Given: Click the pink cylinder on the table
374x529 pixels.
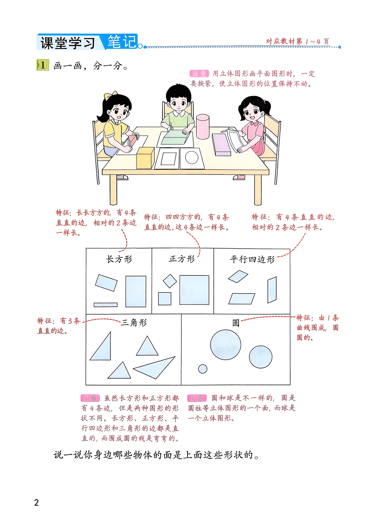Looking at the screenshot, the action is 203,127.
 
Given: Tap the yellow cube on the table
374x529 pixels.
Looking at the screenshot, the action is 145,158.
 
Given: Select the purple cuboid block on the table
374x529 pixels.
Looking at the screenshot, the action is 221,144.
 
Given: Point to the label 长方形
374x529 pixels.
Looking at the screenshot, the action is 119,259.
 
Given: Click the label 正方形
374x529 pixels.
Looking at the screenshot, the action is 182,259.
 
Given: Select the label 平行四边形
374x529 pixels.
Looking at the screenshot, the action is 252,259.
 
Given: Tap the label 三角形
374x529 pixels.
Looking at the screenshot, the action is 134,323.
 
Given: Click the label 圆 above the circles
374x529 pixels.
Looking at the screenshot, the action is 236,323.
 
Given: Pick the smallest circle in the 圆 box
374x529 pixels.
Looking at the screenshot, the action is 203,369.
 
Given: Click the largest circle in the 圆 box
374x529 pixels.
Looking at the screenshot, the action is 225,345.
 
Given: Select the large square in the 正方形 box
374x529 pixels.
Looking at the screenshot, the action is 194,290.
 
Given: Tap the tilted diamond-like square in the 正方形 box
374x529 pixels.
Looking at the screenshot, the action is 170,281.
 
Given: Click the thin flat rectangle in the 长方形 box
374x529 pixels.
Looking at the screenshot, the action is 106,305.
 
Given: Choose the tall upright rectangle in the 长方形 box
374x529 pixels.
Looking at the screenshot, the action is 136,291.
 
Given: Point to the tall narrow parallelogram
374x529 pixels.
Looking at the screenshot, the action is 272,290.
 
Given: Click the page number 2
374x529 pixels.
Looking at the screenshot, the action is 36,502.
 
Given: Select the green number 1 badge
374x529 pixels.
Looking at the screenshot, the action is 43,65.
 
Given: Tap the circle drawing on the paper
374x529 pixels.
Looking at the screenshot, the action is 192,158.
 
